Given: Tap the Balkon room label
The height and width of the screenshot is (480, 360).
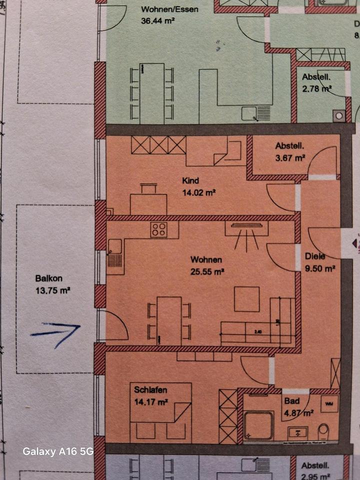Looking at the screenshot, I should point(48,279).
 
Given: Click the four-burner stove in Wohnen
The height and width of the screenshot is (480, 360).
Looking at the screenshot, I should point(159,230).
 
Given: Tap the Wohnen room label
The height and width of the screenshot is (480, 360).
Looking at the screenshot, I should point(205,260).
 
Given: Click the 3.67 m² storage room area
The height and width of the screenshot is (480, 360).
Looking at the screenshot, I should point(290,157).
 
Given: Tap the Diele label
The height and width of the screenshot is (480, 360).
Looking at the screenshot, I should point(315,257).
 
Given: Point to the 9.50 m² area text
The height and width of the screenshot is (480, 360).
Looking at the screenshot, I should point(319,268).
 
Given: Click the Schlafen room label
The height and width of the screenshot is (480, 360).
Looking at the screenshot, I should point(150,390).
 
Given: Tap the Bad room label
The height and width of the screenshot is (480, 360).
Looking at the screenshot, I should point(291,401).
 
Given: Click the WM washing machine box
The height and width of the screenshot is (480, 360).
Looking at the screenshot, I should point(328,402).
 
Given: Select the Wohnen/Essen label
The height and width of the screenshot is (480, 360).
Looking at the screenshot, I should point(162,9).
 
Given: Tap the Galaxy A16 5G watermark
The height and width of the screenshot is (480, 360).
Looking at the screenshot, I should point(58,451).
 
